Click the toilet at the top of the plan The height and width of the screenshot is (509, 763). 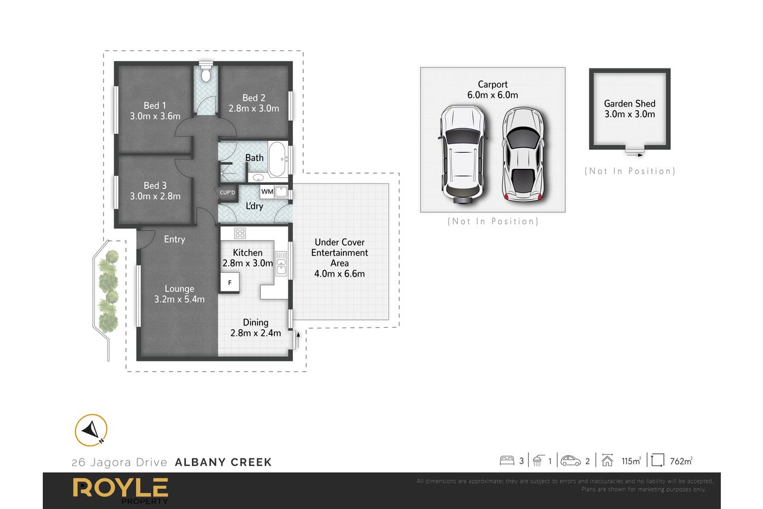coord(206,72)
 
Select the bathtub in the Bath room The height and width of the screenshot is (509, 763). coord(278,159)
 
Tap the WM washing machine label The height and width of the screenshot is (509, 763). coord(267,191)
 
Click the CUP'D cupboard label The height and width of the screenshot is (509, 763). coord(227,193)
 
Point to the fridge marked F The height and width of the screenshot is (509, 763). coord(229,282)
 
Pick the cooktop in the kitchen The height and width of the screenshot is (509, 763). coord(240,233)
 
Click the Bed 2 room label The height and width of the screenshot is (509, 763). coord(254,98)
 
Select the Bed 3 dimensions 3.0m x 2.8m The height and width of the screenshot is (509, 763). coord(155,196)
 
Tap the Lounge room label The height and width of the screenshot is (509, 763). coord(179,289)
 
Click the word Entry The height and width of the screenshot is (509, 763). coord(174,239)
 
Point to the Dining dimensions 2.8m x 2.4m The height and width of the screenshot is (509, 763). coord(256,333)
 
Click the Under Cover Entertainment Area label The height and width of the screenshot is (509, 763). coord(339,252)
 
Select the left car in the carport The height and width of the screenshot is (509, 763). coord(462,155)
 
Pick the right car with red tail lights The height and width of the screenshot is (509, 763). coord(523,155)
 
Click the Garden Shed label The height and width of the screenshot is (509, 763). coord(630,103)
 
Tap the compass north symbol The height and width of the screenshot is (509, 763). coord(92,431)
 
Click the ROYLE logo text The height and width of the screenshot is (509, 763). coord(121,488)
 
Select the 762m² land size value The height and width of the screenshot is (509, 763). coord(681,461)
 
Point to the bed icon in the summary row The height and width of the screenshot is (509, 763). coord(507,461)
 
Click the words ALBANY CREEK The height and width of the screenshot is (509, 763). coord(223,462)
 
